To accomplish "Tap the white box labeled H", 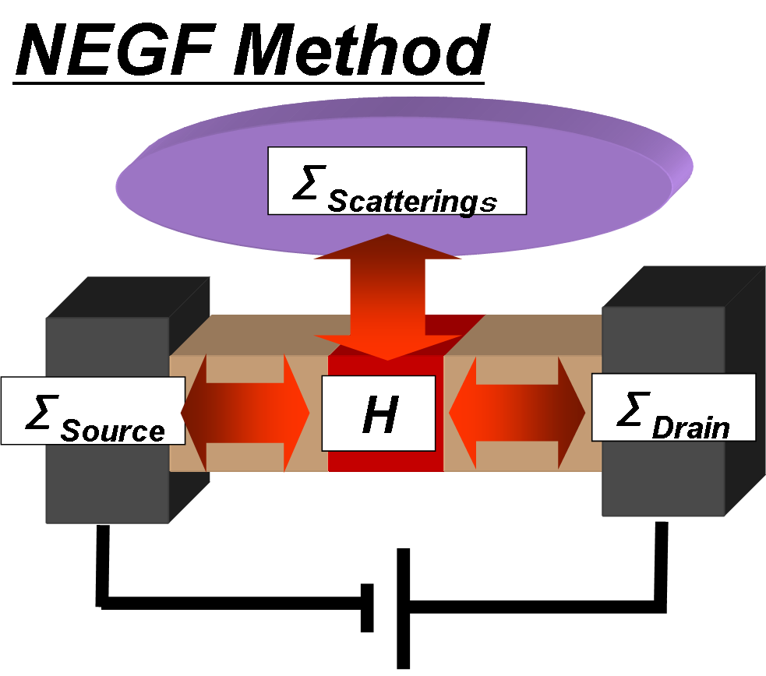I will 379,413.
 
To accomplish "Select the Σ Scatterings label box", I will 397,180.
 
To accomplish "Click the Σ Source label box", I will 93,410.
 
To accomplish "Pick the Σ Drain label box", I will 673,407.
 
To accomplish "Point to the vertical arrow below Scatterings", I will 387,296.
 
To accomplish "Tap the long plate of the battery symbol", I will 403,607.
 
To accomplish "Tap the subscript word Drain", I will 690,428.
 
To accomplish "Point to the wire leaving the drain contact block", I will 661,561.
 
